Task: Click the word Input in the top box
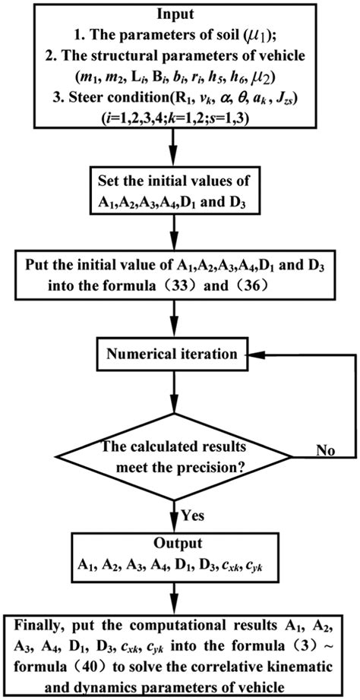click(x=179, y=14)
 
